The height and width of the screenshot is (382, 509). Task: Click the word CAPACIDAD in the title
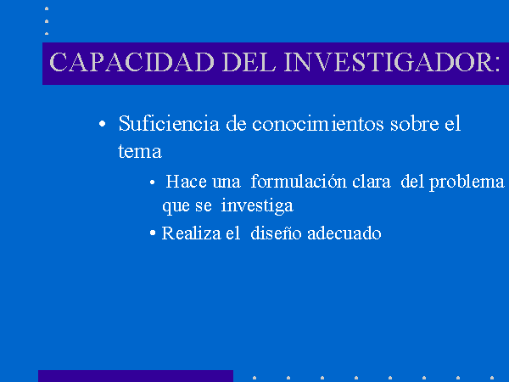coord(131,62)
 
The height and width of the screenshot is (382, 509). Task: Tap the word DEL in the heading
coord(249,62)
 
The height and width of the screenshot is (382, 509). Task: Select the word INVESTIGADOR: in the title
coord(392,62)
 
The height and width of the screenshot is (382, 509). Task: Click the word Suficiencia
coord(169,124)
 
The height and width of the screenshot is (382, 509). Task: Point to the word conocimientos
coord(318,124)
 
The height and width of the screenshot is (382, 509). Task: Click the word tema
coord(140,152)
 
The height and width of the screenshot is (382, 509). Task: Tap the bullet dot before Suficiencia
coord(102,124)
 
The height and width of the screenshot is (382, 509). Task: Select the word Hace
coord(187,182)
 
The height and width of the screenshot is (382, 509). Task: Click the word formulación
coord(299,181)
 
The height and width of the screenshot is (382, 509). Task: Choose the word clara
coord(372,182)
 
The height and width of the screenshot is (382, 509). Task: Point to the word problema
coord(467,183)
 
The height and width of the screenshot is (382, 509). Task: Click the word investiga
coord(257,206)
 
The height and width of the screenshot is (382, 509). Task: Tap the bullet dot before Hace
coord(152,183)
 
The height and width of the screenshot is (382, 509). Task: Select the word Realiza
coord(191,233)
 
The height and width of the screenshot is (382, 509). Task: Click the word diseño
coord(276,233)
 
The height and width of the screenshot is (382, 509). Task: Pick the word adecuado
coord(344,233)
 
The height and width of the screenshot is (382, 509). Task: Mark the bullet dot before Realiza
coord(153,233)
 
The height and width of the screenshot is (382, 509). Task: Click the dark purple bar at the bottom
coord(136,376)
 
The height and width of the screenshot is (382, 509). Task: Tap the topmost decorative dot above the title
coord(47,8)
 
